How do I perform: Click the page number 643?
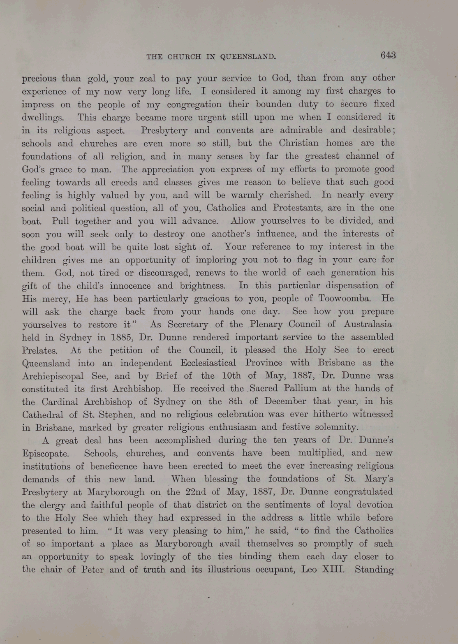pyautogui.click(x=388, y=55)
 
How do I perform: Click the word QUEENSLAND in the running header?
pyautogui.click(x=248, y=57)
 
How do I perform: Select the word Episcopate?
pyautogui.click(x=45, y=454)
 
